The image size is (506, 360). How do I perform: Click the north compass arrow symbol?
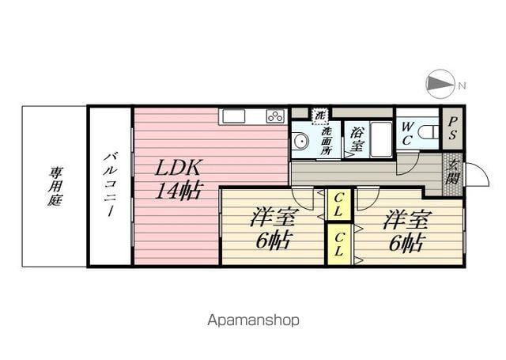coord(440,84)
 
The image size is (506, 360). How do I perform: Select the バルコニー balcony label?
coord(109,187)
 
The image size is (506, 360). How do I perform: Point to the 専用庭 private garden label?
coord(55,187)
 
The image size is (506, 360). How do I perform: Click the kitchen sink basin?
coord(235,116)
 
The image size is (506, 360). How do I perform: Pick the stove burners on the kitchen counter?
coord(274,116)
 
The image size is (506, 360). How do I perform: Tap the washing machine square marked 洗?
coord(320,115)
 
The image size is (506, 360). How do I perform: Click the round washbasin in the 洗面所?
coord(300,142)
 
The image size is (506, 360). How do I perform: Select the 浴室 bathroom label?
coord(357,140)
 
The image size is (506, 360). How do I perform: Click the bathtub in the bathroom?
coord(380,139)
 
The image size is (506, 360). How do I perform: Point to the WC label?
coord(407,132)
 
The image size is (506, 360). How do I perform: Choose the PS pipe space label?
coord(452,129)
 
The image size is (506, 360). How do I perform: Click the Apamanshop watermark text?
coord(253,320)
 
